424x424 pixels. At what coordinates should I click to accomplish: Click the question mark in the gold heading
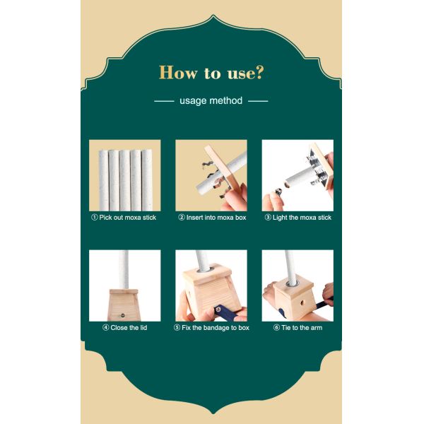coord(259,73)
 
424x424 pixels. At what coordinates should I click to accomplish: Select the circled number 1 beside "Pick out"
coord(95,217)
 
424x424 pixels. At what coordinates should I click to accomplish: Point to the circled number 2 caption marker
coord(182,217)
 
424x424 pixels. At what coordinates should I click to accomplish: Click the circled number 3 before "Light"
coord(268,217)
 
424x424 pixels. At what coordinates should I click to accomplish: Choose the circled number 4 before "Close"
coord(106,327)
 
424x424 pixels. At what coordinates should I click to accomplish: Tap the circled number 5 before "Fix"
coord(177,327)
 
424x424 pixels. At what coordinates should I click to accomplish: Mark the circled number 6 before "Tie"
coord(276,327)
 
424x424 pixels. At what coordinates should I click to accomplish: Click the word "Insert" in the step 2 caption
coord(195,218)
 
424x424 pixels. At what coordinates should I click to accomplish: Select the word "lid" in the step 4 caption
coord(143,327)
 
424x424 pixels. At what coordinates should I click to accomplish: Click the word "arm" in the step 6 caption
coord(317,328)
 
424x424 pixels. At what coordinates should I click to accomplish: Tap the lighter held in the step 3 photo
coord(278,192)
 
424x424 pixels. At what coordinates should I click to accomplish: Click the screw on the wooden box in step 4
coord(122,315)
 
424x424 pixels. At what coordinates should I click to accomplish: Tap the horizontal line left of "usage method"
coord(164,101)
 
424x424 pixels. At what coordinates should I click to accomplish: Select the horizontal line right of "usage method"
coord(258,101)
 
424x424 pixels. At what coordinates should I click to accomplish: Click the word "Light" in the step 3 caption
coord(280,218)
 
